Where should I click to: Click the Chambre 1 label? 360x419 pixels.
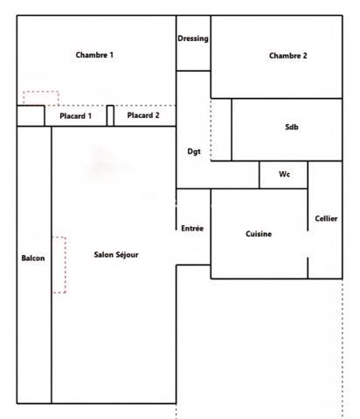click(x=94, y=55)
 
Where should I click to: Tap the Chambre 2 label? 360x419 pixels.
click(x=287, y=56)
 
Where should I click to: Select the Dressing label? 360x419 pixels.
click(x=192, y=39)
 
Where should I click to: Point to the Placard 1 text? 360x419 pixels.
click(x=75, y=116)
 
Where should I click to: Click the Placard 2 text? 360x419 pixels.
click(x=143, y=115)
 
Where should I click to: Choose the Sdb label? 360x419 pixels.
click(x=291, y=128)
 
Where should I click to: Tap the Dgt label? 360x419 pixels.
click(x=194, y=152)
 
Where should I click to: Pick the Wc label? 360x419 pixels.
click(x=284, y=175)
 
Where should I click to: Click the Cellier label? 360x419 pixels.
click(x=326, y=218)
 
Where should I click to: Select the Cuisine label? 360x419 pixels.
click(x=258, y=234)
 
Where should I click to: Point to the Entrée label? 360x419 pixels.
click(x=192, y=229)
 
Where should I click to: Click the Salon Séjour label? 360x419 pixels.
click(x=116, y=255)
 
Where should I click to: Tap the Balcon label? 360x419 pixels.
click(x=33, y=258)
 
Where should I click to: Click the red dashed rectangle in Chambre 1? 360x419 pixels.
click(x=40, y=98)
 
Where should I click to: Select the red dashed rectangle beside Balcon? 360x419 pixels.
click(x=59, y=264)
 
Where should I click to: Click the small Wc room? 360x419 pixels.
click(x=284, y=175)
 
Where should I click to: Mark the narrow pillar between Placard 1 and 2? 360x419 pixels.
click(x=110, y=115)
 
